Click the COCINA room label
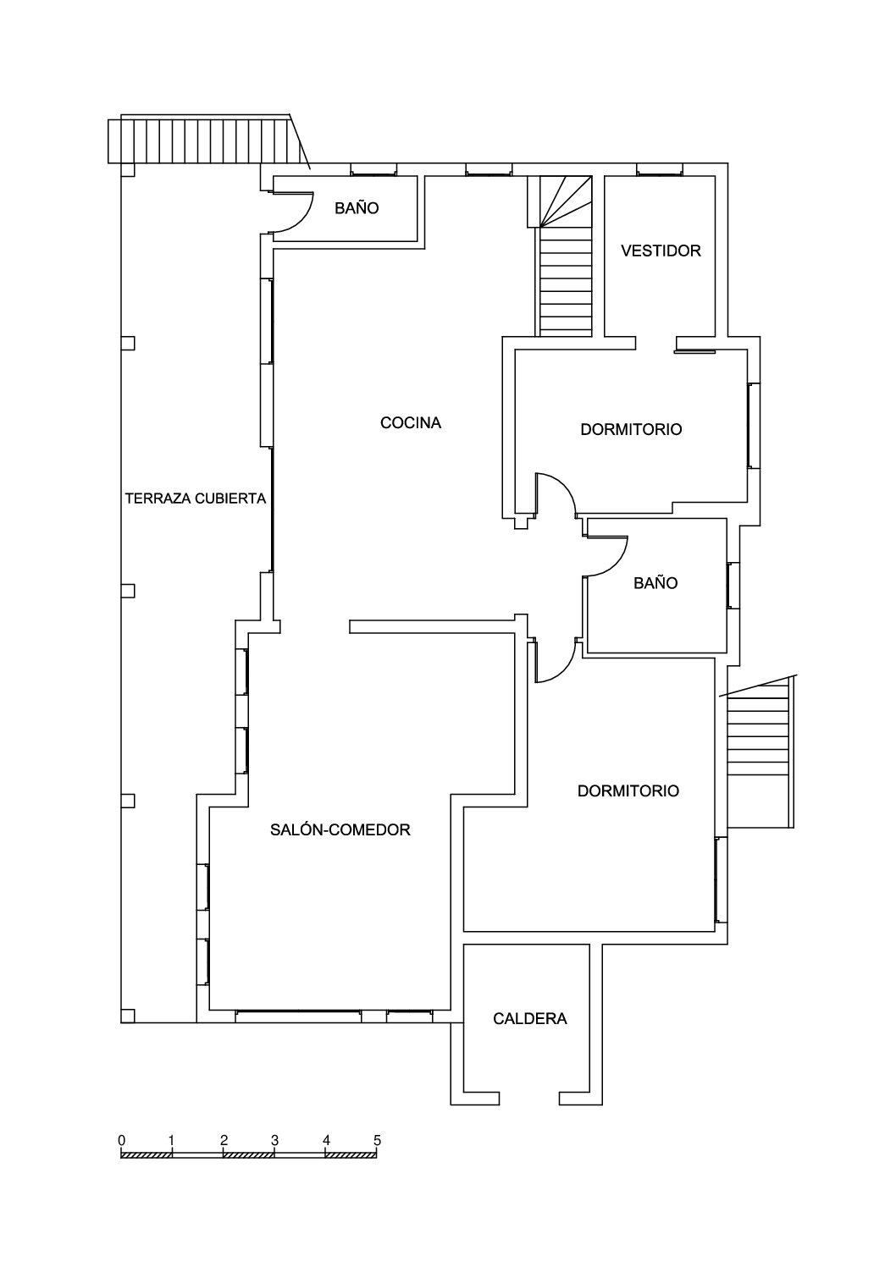(411, 422)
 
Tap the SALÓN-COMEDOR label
(340, 829)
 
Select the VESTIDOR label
(661, 251)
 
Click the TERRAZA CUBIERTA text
(196, 499)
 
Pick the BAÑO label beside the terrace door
(357, 208)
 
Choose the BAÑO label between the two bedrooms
(655, 583)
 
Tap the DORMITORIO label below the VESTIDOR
(631, 429)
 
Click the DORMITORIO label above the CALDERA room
(628, 790)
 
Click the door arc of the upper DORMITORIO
(564, 487)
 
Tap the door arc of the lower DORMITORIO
(564, 669)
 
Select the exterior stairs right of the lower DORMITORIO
(759, 753)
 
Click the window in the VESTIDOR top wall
(660, 169)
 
